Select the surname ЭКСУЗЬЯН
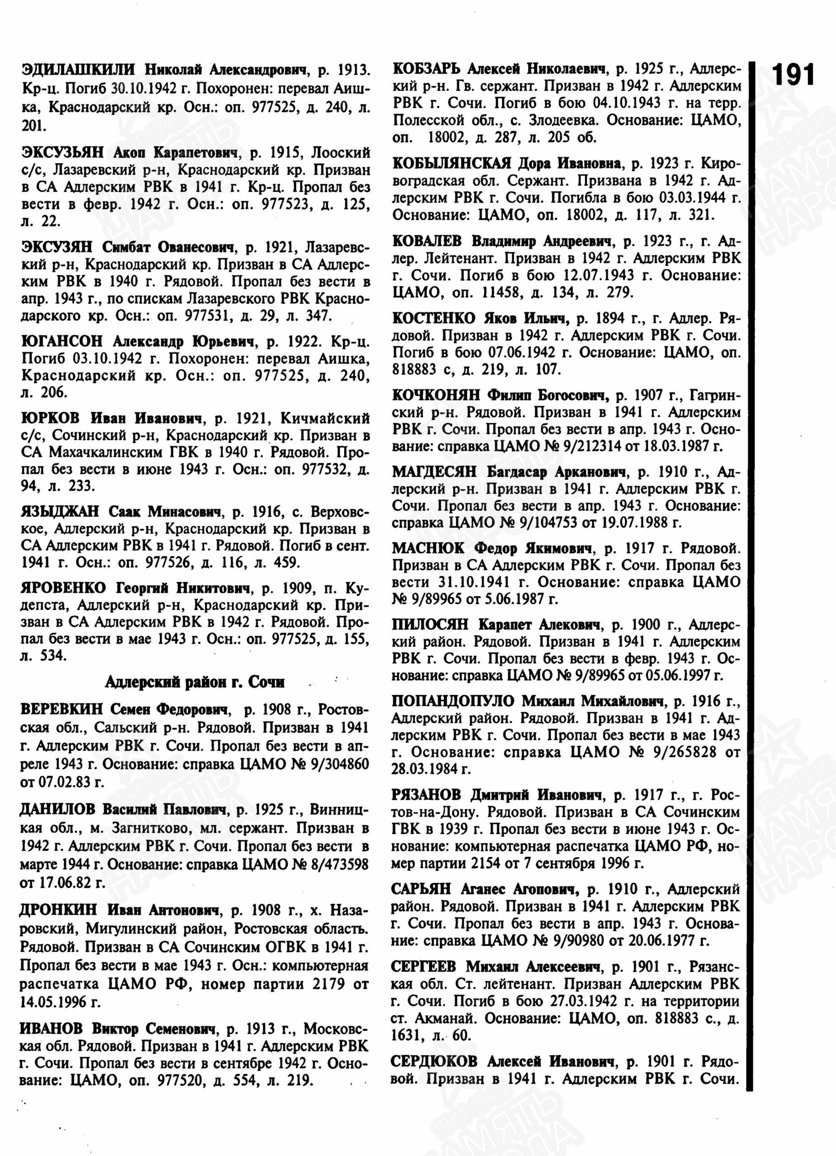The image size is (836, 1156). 63,152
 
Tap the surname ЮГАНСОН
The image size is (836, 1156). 62,341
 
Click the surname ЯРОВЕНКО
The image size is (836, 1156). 63,588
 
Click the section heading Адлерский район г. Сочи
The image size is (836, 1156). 195,681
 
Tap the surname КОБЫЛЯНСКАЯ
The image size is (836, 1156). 452,163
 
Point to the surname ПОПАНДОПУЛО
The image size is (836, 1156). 453,701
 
